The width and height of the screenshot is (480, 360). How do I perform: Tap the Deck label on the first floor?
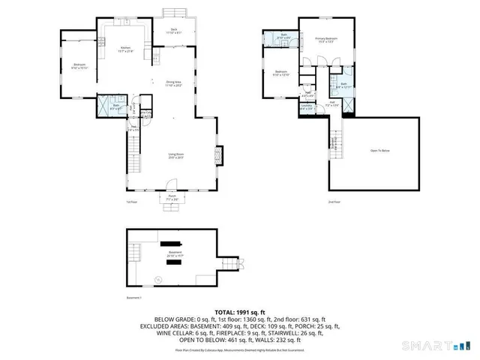coord(172,31)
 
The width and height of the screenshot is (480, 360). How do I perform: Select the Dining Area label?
coord(174,84)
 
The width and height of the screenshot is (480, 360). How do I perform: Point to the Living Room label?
coord(176,157)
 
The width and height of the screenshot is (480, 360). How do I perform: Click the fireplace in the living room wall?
coord(218,156)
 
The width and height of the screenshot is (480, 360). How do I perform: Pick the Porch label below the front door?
coord(172,199)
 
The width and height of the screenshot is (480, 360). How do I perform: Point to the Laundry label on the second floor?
coord(306,106)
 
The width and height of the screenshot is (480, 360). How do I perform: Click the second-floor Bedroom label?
coord(280,73)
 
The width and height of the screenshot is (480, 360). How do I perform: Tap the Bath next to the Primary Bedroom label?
coord(283,37)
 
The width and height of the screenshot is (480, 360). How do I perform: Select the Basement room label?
coord(175,253)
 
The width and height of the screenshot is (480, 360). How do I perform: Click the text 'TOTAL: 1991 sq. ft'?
coord(240,310)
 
